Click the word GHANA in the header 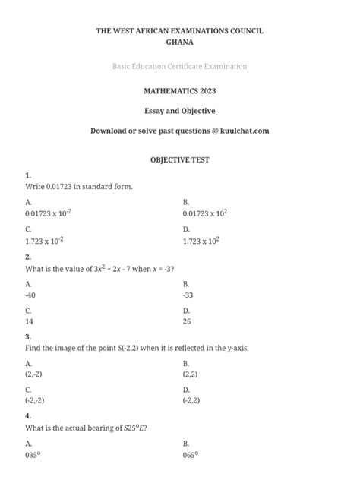click(179, 43)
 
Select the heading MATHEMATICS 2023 click(179, 90)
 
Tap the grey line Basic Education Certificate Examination click(179, 67)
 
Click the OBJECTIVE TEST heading click(179, 160)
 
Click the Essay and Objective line click(179, 111)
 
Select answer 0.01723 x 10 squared click(205, 213)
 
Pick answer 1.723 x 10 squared click(201, 241)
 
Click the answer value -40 click(30, 295)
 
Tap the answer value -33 click(188, 295)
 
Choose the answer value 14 click(29, 322)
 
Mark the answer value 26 click(187, 322)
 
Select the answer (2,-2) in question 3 click(34, 374)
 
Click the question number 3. click(27, 336)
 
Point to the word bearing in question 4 click(103, 428)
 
